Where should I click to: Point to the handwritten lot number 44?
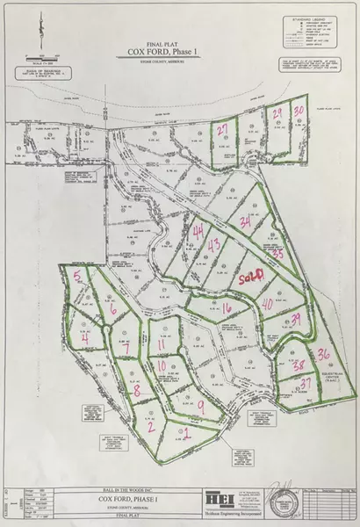coord(199,231)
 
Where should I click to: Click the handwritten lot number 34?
coord(246,221)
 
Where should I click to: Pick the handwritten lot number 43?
coord(213,245)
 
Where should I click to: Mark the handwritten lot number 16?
coord(227,308)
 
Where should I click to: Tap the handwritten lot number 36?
coord(323,355)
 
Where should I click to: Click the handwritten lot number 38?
coord(299,365)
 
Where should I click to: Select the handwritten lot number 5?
coord(78,277)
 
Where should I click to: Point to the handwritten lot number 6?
coord(113,310)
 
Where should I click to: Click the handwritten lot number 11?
coord(162,344)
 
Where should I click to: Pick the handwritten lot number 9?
coord(201,406)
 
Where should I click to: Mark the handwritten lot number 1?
coord(186,431)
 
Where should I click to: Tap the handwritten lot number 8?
coord(136,391)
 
